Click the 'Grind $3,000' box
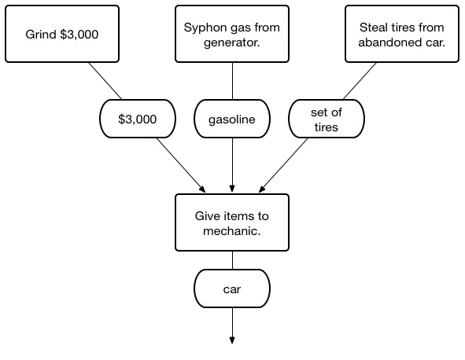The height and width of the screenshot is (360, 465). tap(62, 34)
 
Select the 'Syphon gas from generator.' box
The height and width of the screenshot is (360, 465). tap(232, 34)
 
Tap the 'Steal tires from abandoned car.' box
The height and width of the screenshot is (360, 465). tap(402, 34)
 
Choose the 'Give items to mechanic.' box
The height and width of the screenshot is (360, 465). tap(232, 222)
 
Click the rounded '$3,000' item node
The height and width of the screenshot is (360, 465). tap(138, 119)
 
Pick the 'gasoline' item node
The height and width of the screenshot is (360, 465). tap(232, 119)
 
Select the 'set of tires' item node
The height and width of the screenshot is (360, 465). tap(327, 119)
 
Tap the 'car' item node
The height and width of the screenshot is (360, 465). tap(232, 288)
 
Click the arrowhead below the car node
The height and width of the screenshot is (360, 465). tap(232, 340)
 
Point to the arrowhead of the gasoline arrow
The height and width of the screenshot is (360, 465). tap(232, 189)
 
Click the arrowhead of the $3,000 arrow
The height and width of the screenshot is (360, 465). tap(202, 189)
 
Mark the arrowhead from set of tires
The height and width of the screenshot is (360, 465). tap(262, 189)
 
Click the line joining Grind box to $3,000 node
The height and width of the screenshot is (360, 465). tap(105, 81)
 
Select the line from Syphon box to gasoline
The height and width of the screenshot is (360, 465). tap(232, 81)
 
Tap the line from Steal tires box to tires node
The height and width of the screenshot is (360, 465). tap(360, 81)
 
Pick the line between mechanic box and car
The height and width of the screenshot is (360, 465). tap(232, 260)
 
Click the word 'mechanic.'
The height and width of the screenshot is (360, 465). tap(232, 231)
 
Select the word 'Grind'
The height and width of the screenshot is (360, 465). tap(41, 34)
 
